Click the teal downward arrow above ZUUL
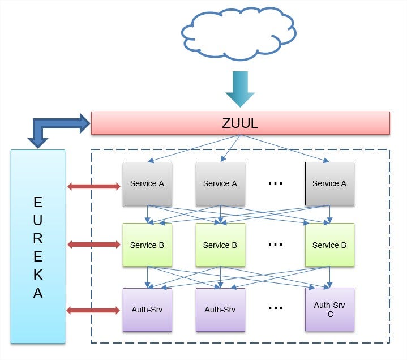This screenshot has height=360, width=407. [x=240, y=89]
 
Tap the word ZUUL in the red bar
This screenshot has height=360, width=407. [x=240, y=123]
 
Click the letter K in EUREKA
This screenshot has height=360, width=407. [x=38, y=275]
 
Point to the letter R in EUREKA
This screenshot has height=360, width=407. [x=38, y=238]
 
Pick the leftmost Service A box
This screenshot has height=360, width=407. [x=147, y=183]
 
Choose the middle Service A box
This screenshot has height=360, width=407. [x=220, y=183]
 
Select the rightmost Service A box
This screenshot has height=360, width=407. [x=329, y=183]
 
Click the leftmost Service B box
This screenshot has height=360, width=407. [x=147, y=245]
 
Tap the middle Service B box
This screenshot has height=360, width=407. [x=220, y=245]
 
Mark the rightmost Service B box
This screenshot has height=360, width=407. [x=329, y=245]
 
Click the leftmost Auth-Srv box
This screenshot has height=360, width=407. [x=147, y=310]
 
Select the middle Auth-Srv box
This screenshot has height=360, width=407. [x=220, y=310]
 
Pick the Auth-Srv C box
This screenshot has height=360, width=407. [x=329, y=309]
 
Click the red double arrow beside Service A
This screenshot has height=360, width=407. [x=94, y=186]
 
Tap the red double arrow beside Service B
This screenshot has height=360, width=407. [x=94, y=244]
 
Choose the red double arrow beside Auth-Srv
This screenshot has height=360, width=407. [x=93, y=310]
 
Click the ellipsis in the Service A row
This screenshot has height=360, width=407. [x=275, y=183]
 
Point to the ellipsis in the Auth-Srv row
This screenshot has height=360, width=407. [x=276, y=308]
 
